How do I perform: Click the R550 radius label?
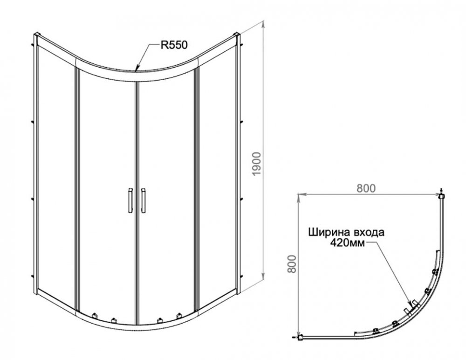[174, 45]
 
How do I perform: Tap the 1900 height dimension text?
[256, 164]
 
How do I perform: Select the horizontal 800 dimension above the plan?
[366, 188]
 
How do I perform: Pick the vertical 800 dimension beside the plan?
[293, 264]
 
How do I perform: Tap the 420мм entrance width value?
[348, 243]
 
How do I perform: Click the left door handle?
[130, 200]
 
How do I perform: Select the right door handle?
[143, 200]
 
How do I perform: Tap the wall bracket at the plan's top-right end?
[442, 195]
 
